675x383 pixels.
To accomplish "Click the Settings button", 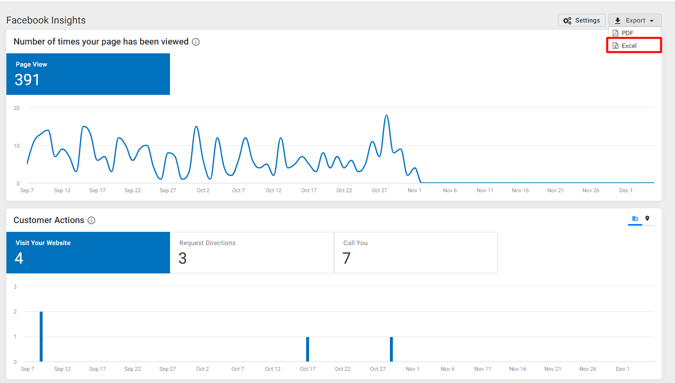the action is tap(581, 20).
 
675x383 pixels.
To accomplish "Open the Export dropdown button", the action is tap(635, 20).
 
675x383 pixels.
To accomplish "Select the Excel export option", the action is tap(634, 45).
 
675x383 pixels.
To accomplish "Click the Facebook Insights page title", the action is tap(46, 20).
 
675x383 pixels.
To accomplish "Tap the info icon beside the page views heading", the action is tap(195, 42).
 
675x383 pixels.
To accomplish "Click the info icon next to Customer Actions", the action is tap(91, 221).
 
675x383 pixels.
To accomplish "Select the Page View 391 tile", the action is tap(88, 74).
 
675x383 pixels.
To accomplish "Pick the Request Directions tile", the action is tap(252, 253).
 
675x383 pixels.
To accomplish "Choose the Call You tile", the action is tap(416, 253).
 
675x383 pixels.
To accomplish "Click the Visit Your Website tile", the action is tap(88, 253).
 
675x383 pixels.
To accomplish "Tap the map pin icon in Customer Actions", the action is tap(647, 219).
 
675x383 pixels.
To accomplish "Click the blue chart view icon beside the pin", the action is tap(635, 219).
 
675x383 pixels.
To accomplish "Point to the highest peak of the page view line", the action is tap(386, 115).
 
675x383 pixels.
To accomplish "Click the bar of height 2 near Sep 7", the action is tap(41, 337).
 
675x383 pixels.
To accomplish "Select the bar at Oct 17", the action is tap(308, 349).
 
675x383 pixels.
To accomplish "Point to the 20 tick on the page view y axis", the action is tap(17, 108).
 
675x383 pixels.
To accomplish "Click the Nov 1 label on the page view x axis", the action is tap(414, 190).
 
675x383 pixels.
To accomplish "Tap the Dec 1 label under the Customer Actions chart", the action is tap(623, 369).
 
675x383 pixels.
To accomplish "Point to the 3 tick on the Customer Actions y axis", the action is tap(15, 287).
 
